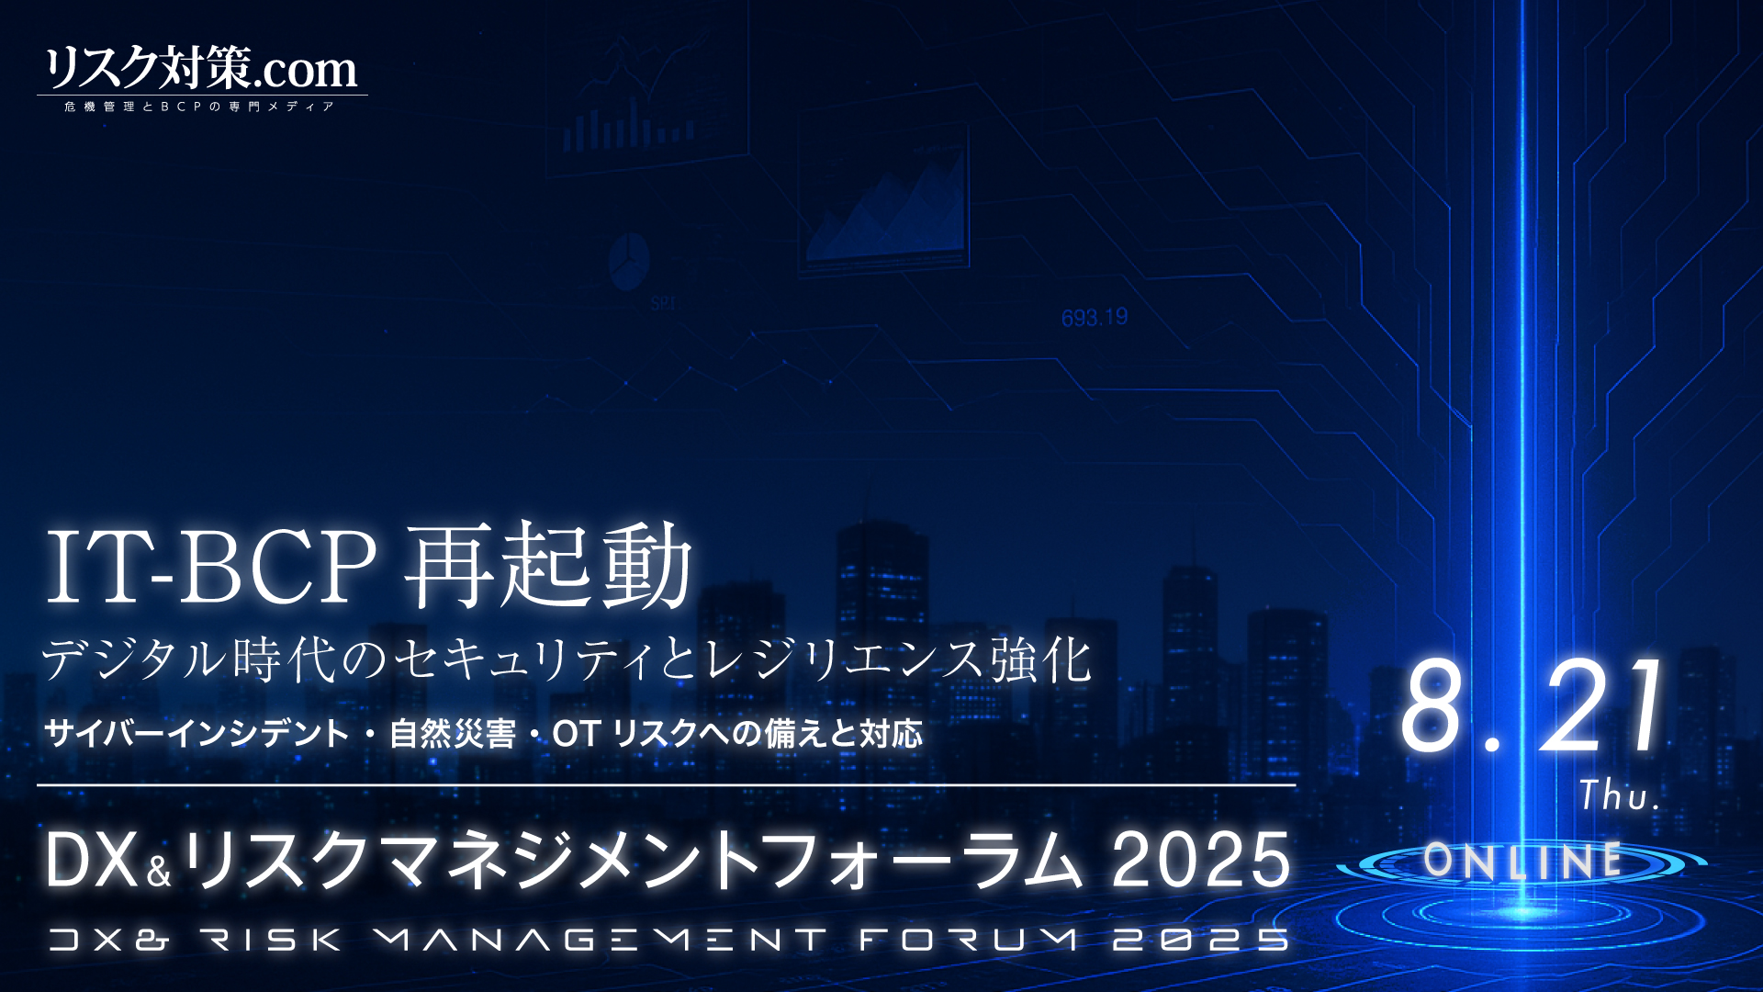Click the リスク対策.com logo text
click(x=201, y=68)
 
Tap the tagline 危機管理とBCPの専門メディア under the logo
click(x=200, y=107)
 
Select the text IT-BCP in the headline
click(x=211, y=566)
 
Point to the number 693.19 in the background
click(x=1095, y=318)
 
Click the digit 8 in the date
click(x=1433, y=706)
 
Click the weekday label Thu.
click(x=1620, y=795)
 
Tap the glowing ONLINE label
click(x=1522, y=861)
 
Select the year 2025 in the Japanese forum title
click(x=1201, y=860)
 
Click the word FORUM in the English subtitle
click(x=968, y=940)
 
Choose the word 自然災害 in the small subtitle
click(x=452, y=734)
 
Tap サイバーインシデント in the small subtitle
click(x=197, y=734)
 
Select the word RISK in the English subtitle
click(x=271, y=940)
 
